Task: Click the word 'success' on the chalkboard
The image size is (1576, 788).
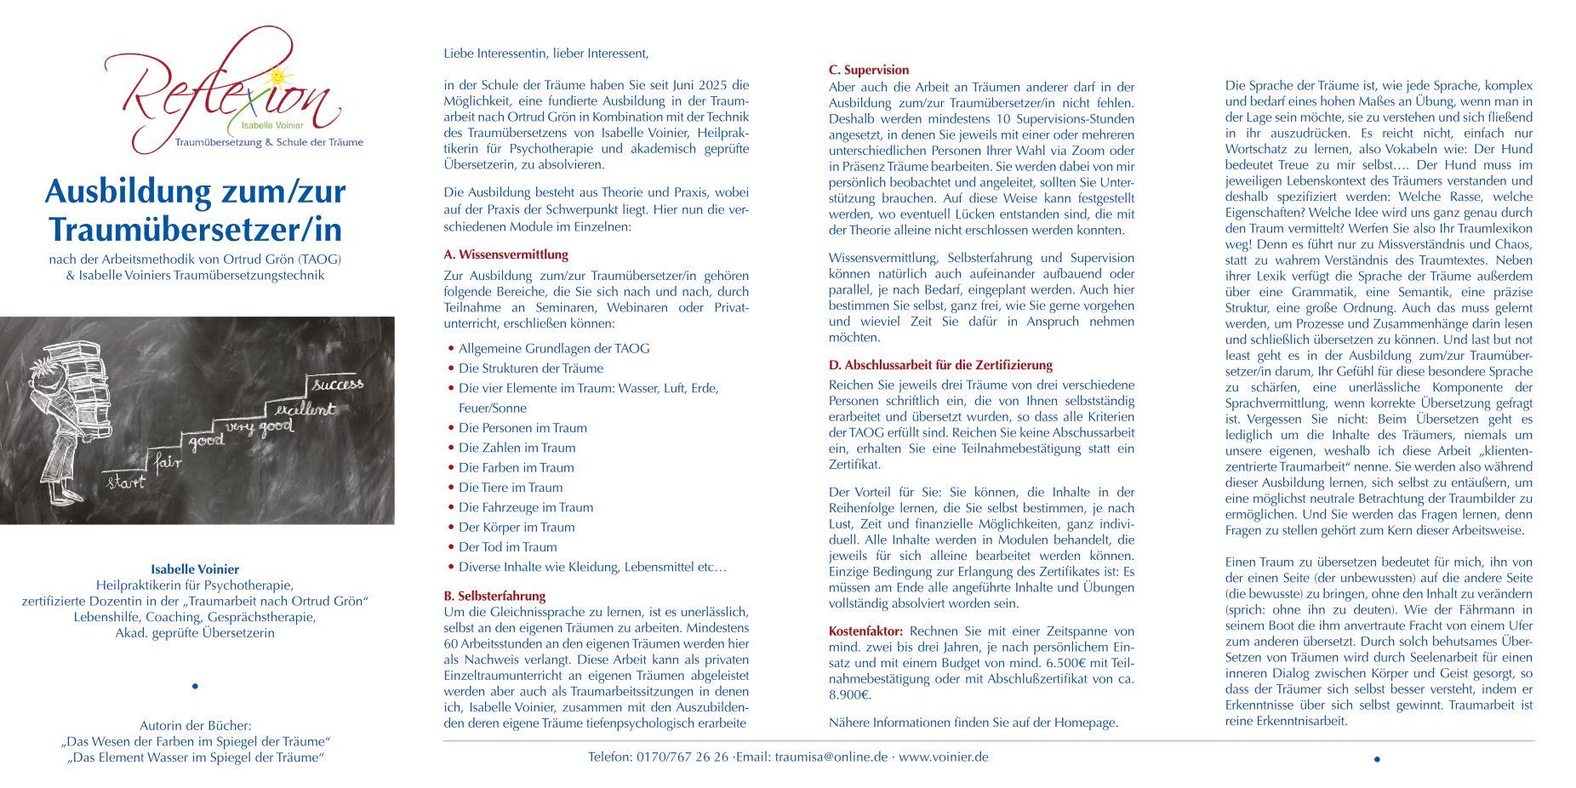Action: (x=338, y=384)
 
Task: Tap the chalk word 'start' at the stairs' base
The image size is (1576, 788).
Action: (x=125, y=483)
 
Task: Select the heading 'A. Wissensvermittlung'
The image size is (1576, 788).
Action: (x=505, y=254)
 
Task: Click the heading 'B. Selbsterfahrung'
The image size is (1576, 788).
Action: (x=494, y=596)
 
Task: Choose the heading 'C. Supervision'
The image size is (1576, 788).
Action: (x=869, y=70)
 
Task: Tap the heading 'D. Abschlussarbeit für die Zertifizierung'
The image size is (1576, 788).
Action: (x=940, y=365)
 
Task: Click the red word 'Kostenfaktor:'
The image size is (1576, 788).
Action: (x=866, y=631)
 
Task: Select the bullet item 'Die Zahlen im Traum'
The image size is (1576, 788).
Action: (x=517, y=448)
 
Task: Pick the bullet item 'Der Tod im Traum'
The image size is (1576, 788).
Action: (x=507, y=547)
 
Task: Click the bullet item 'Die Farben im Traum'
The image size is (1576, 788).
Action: (x=516, y=467)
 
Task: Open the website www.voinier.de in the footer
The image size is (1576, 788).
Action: (x=944, y=757)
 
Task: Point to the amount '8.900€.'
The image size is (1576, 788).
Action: (x=850, y=695)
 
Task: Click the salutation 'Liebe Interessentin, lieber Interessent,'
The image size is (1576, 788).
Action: (x=545, y=54)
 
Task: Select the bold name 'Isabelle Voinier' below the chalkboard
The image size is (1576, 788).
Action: (x=195, y=569)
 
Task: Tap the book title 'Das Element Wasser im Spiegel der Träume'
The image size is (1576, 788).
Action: (x=195, y=757)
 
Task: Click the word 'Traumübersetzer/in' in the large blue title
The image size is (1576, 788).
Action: (x=195, y=229)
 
